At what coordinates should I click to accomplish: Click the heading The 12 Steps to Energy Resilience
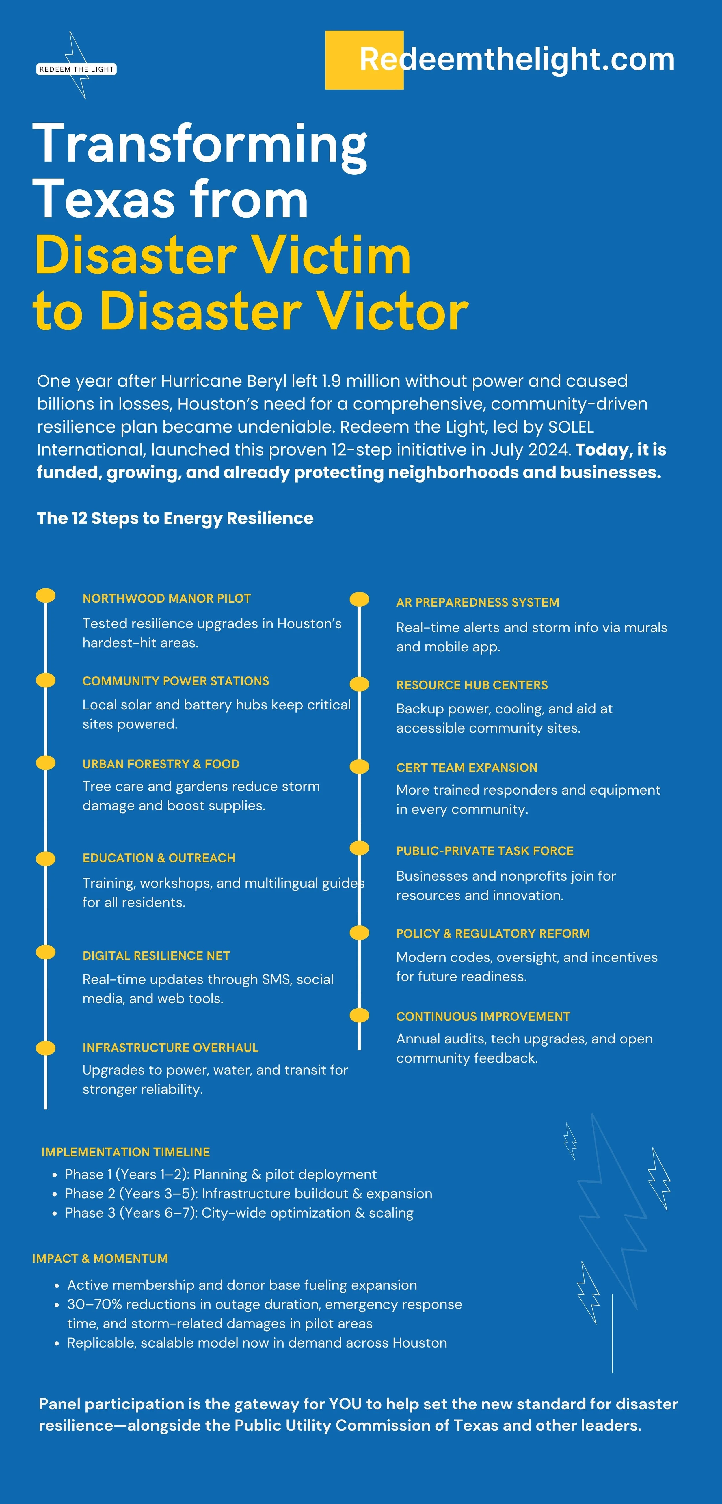tap(175, 518)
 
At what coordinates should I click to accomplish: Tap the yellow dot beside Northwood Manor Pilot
tap(46, 596)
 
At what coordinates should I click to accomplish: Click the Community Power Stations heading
tap(176, 681)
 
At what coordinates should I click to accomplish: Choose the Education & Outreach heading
tap(159, 858)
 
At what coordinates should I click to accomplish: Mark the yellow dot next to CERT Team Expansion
tap(359, 767)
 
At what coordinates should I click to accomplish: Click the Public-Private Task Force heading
tap(485, 851)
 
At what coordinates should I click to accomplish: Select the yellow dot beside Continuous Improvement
tap(359, 1015)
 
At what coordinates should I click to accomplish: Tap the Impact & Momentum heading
tap(100, 1258)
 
